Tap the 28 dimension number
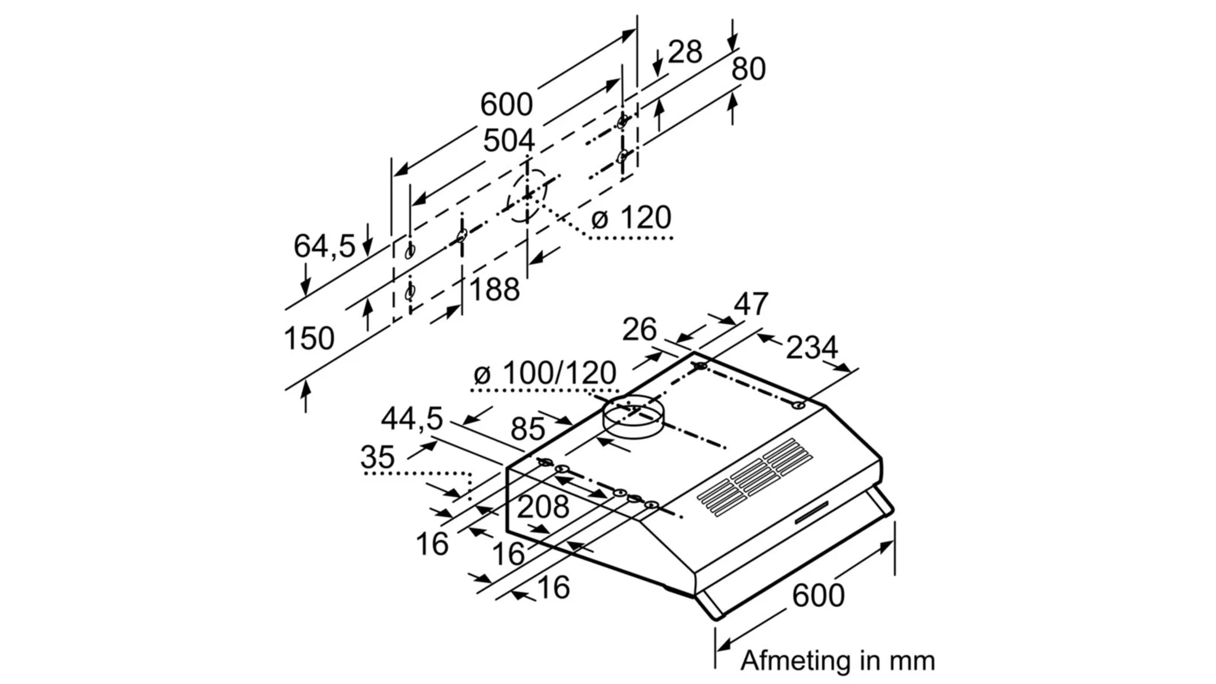[x=685, y=52]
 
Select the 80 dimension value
[x=748, y=69]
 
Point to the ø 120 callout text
[x=631, y=217]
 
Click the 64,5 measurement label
[x=324, y=246]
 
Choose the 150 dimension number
[x=309, y=338]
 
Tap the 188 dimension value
[x=494, y=289]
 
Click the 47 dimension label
[x=751, y=304]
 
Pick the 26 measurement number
[x=639, y=329]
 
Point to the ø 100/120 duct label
[x=544, y=373]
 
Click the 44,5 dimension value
[x=412, y=418]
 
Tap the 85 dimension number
[x=527, y=430]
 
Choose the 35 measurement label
[x=377, y=457]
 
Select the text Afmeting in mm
[x=837, y=660]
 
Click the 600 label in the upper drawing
[x=506, y=104]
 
